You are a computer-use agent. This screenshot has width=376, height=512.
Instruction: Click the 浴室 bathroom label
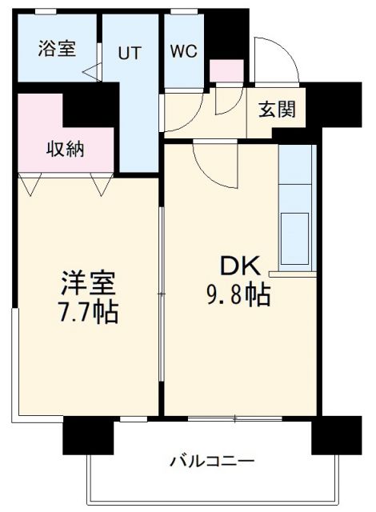(x=57, y=48)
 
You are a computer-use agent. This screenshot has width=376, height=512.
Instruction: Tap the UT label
(x=130, y=54)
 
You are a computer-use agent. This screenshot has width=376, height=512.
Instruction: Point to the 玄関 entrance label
(x=277, y=110)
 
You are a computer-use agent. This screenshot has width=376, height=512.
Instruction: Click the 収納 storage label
(x=66, y=148)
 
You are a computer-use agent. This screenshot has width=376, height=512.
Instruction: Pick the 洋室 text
(x=89, y=283)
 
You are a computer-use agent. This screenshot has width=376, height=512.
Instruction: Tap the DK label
(x=238, y=267)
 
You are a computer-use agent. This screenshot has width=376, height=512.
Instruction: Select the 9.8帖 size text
(x=238, y=295)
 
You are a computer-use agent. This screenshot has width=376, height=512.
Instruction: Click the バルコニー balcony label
(x=212, y=462)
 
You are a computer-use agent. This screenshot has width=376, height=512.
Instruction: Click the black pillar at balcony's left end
(x=88, y=437)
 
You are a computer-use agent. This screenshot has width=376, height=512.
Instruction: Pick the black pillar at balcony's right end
(x=336, y=436)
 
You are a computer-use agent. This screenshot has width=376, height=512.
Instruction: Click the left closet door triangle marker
(x=30, y=186)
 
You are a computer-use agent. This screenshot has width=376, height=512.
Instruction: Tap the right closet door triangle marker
(x=101, y=186)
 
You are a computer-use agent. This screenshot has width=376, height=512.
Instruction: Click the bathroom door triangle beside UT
(x=91, y=71)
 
